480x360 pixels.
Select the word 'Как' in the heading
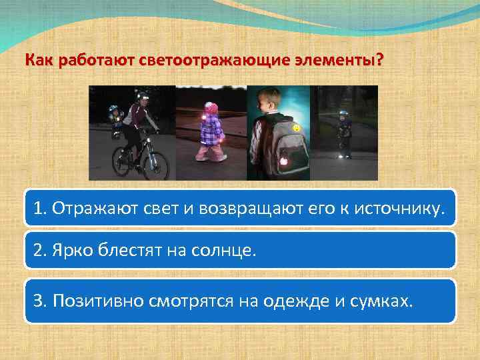(x=37, y=61)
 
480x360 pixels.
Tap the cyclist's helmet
(x=141, y=98)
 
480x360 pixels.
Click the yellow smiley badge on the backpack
(x=295, y=127)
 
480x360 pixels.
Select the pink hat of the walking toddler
(x=211, y=107)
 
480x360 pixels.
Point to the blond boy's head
(x=271, y=101)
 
